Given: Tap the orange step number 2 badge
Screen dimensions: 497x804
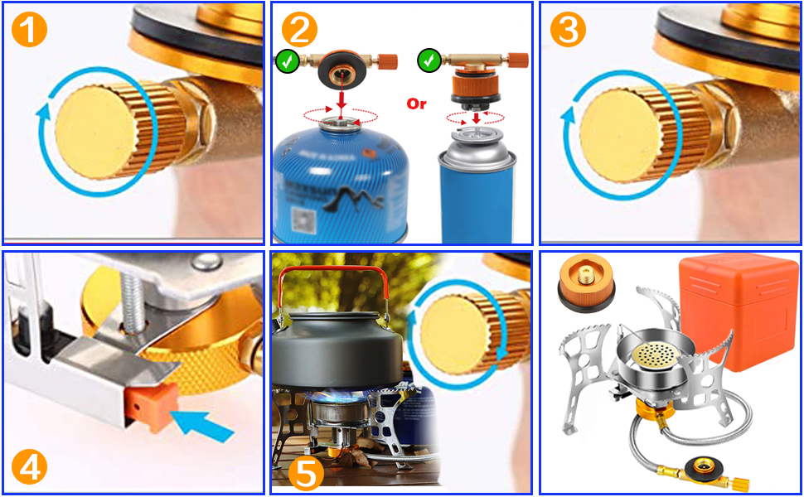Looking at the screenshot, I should coord(300,30).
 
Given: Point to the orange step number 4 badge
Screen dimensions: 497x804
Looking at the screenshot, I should coord(30,466).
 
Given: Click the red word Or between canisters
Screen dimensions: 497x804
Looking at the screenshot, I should coord(416,104).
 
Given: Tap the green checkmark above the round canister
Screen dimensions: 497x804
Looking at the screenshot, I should coord(287,60).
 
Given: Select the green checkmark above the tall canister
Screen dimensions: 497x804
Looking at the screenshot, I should coord(429,60).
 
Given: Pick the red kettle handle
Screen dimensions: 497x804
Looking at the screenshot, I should coord(328,285).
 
